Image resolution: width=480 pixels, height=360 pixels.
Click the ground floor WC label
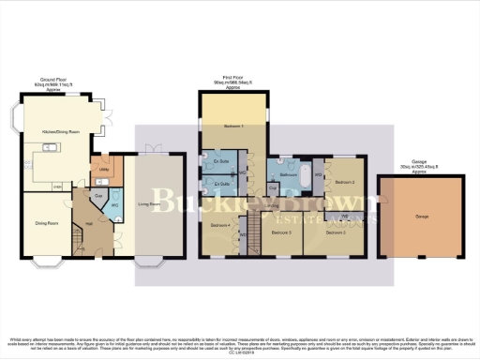point(112,204)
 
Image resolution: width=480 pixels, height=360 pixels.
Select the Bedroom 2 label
point(344,182)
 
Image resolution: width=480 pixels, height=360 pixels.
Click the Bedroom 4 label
point(219,226)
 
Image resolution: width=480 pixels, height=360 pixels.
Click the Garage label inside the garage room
point(417,216)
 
